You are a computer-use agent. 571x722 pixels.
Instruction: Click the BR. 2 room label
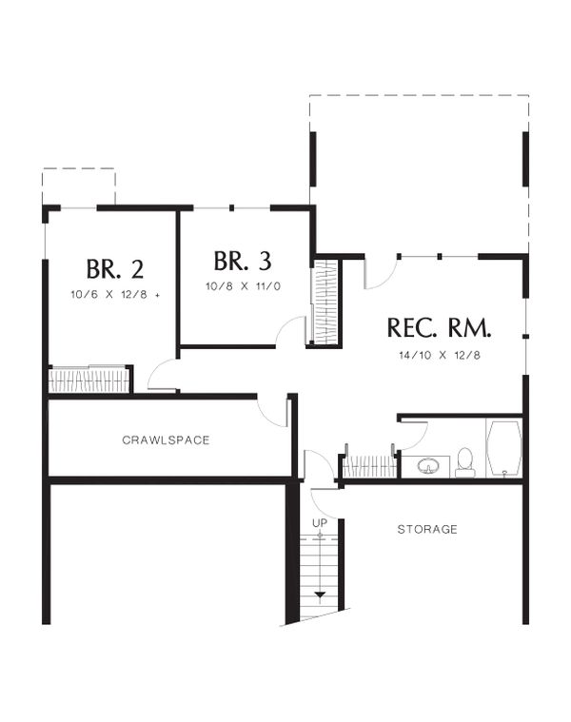point(114,266)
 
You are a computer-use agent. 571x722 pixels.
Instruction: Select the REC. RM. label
point(439,328)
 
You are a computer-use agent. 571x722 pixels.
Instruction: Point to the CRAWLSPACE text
point(166,440)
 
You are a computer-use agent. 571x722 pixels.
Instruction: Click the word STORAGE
point(427,529)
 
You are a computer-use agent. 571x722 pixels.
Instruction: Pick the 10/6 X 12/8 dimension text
point(114,294)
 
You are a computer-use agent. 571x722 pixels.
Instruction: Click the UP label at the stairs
point(320,524)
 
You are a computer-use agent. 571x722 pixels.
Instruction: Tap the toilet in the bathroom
point(465,462)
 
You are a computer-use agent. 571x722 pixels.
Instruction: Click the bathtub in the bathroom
point(502,448)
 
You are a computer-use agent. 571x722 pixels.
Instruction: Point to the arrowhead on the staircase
point(320,595)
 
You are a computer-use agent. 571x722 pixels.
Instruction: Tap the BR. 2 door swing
point(162,376)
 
